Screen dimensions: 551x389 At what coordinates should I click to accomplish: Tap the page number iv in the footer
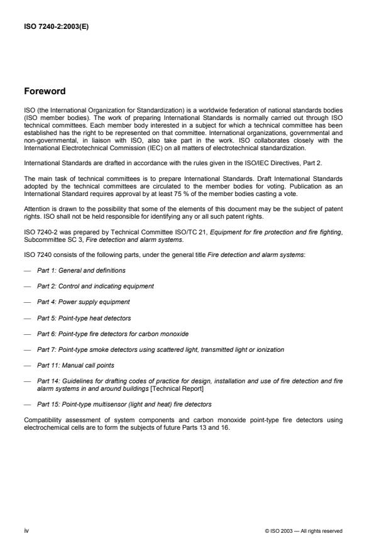click(x=26, y=531)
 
